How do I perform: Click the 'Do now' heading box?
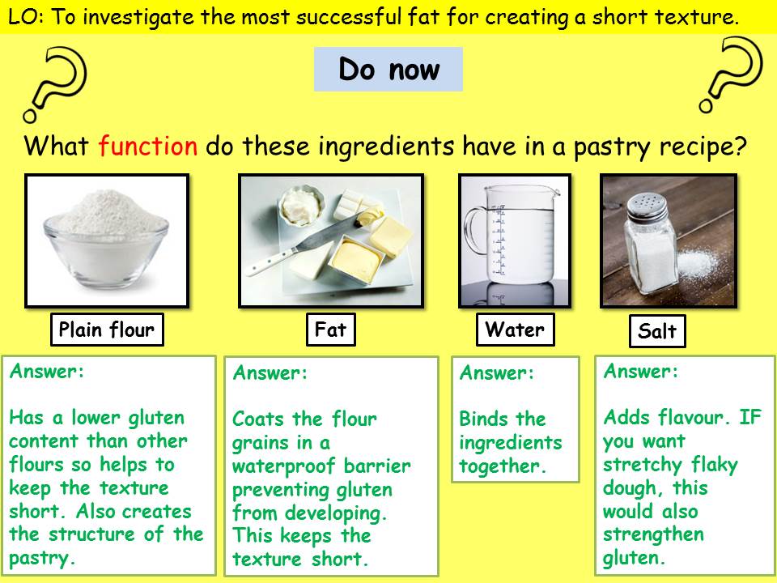pos(388,70)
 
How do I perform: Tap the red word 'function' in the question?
pos(147,146)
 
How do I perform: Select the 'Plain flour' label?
pos(106,330)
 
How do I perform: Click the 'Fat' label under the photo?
pos(330,330)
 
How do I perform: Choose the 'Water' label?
pos(515,330)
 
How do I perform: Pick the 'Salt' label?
pos(656,332)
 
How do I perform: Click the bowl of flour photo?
pos(106,241)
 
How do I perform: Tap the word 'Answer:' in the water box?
pos(497,373)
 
